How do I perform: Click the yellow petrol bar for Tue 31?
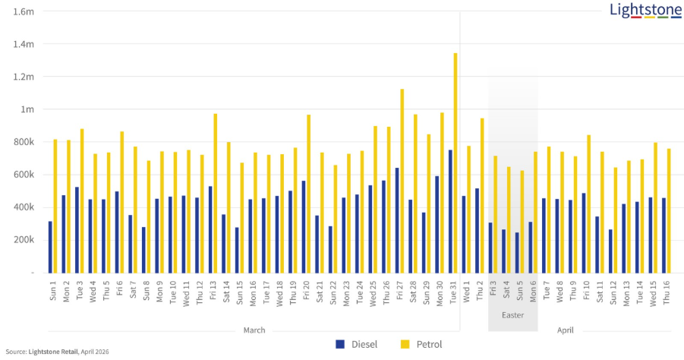[x=455, y=163]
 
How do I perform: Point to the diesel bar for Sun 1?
[x=50, y=247]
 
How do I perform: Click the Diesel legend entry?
[x=356, y=344]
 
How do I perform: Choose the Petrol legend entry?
[x=421, y=344]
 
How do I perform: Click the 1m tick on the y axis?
[x=27, y=109]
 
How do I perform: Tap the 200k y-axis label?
[x=23, y=239]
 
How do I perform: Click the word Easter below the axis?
[x=512, y=314]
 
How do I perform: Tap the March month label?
[x=254, y=330]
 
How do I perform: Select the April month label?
[x=566, y=330]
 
